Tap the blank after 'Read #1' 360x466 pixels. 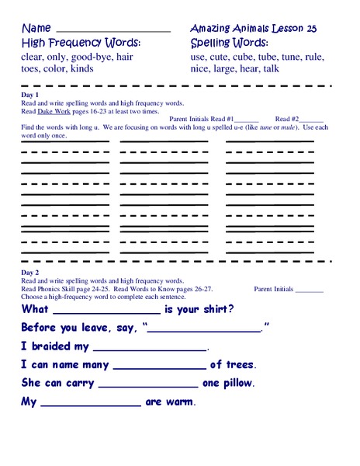tap(246, 119)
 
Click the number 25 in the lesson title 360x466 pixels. tap(311, 28)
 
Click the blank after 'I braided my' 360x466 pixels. tap(150, 347)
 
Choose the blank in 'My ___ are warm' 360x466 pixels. tap(90, 402)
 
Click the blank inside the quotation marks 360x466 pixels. tap(204, 328)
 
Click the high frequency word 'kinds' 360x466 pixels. tap(101, 68)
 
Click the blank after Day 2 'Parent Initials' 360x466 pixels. tap(310, 290)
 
